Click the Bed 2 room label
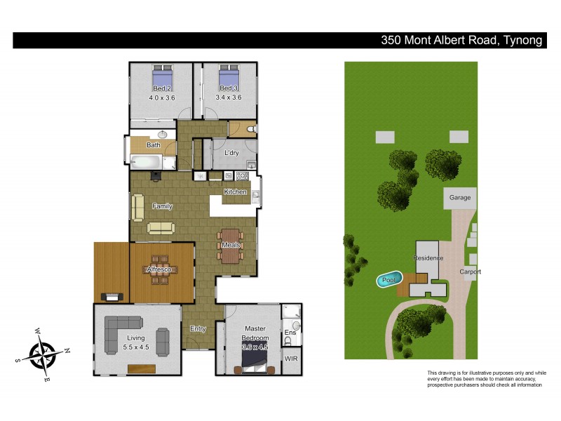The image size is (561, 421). click(161, 88)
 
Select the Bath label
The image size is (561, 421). click(153, 145)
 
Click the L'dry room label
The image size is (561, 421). click(232, 153)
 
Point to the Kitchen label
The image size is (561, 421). click(235, 192)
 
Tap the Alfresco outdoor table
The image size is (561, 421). click(161, 270)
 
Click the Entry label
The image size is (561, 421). click(198, 328)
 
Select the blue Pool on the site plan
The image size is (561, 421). click(388, 280)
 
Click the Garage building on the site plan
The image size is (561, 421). click(460, 199)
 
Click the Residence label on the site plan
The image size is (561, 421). click(428, 258)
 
